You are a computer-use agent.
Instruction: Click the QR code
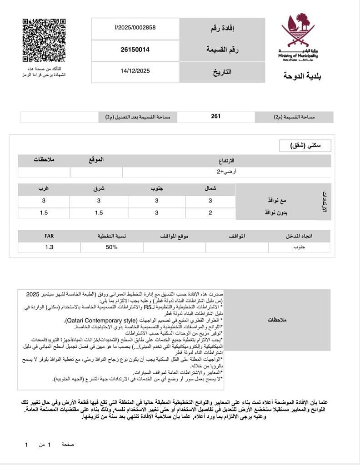click(x=44, y=40)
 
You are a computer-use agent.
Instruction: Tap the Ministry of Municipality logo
click(x=298, y=36)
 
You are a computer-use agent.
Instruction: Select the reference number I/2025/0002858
click(x=135, y=28)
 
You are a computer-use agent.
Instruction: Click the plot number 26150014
click(x=135, y=49)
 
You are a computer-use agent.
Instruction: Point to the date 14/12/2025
click(x=135, y=71)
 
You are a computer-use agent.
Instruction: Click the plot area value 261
click(x=216, y=117)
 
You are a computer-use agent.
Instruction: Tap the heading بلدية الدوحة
click(x=302, y=76)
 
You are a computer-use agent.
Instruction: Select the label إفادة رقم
click(x=222, y=29)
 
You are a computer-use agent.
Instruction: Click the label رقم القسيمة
click(x=222, y=50)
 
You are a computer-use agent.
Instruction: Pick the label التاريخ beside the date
click(x=222, y=72)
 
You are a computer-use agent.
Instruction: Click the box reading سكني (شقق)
click(x=305, y=146)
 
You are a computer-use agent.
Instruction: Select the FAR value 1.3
click(x=49, y=247)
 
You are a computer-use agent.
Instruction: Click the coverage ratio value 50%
click(x=111, y=247)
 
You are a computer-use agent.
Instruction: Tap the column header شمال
click(x=210, y=188)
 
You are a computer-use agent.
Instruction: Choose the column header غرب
click(x=44, y=188)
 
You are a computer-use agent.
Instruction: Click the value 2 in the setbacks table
click(x=210, y=213)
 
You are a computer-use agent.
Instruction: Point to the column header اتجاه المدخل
click(x=299, y=236)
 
